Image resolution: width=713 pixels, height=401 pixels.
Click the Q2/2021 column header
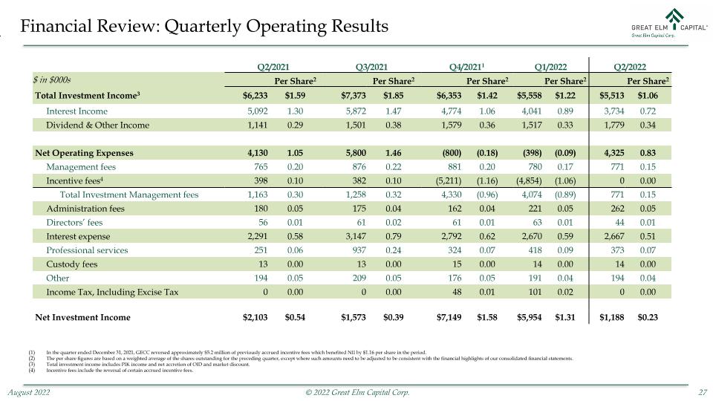[273, 67]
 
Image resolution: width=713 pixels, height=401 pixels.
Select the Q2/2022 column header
[630, 67]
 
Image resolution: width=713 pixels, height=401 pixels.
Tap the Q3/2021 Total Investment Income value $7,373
[354, 96]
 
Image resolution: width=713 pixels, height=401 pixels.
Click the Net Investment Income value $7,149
[449, 317]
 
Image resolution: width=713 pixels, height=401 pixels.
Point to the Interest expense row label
[78, 236]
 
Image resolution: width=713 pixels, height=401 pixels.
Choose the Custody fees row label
[72, 264]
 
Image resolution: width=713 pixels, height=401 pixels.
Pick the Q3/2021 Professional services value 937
[359, 250]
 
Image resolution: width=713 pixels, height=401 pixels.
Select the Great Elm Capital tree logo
[674, 16]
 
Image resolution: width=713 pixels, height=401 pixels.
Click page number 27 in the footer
[703, 392]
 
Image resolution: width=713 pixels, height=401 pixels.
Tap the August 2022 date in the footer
[29, 392]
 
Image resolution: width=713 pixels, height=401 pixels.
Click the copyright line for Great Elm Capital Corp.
[357, 392]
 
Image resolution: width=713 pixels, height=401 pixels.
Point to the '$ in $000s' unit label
[52, 80]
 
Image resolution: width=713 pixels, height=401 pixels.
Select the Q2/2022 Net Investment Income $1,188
[611, 317]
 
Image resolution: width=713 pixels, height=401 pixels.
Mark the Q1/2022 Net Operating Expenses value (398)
[532, 153]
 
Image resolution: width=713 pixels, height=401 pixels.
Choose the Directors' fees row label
[74, 222]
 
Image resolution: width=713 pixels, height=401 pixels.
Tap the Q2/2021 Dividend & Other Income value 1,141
[258, 125]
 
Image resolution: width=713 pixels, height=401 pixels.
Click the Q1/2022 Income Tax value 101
[535, 292]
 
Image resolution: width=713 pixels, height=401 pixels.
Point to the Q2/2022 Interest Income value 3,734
[614, 111]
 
